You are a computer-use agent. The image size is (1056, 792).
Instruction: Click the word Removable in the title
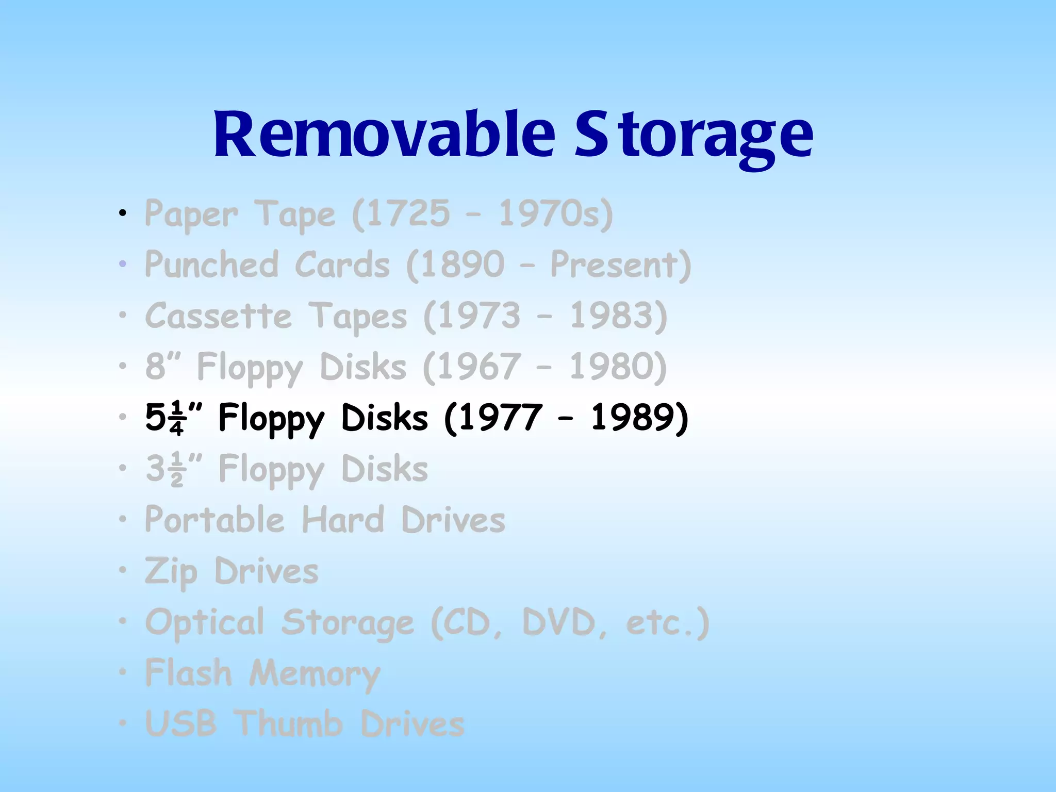click(384, 135)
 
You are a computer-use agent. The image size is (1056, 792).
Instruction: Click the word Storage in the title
click(694, 135)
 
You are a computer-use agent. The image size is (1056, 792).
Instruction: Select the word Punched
click(211, 265)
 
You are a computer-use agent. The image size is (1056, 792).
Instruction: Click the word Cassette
click(218, 316)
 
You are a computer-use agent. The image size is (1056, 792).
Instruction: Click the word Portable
click(214, 520)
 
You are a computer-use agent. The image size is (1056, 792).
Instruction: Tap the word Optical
click(205, 622)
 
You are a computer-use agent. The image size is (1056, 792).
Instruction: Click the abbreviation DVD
click(559, 622)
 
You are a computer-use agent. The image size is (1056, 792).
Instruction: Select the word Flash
click(188, 673)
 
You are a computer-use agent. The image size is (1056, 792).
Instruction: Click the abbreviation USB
click(180, 724)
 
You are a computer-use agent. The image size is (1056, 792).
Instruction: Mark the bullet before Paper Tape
click(122, 213)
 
